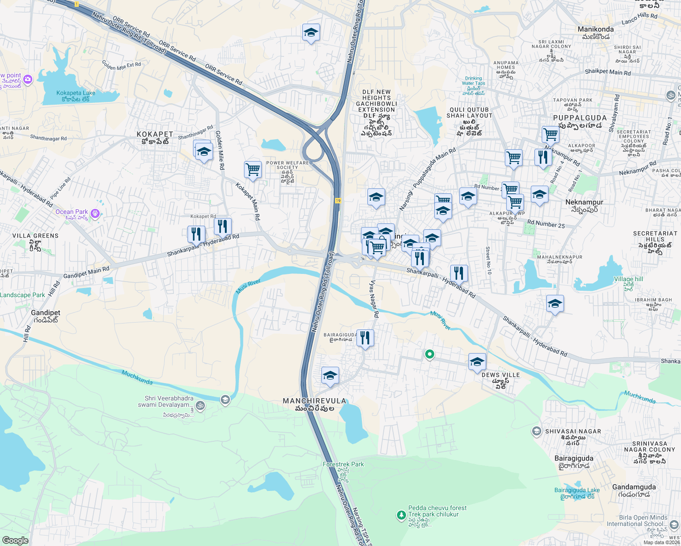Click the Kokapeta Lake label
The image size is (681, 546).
point(76,93)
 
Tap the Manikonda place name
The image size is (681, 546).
point(595,29)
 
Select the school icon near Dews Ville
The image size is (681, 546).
point(477,362)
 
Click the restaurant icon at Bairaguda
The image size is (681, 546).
point(365,338)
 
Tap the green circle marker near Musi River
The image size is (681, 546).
point(429,354)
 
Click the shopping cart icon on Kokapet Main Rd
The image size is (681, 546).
point(253,170)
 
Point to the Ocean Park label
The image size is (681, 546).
point(71,212)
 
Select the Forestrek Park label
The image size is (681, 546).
point(343,464)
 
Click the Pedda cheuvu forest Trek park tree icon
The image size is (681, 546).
point(401,515)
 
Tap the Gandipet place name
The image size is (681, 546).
point(46,313)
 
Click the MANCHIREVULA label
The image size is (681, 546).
point(315,401)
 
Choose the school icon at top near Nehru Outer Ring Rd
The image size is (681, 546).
point(311,32)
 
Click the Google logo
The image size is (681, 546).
point(15,540)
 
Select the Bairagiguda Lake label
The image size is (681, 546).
point(577,490)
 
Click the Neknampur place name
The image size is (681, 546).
point(584,202)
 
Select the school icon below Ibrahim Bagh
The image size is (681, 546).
point(555,303)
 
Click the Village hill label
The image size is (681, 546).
point(628,279)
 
